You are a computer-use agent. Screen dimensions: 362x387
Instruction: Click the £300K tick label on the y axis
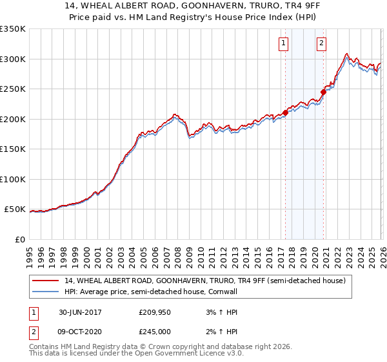click(13, 59)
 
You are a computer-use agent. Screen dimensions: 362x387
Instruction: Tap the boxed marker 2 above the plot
click(321, 43)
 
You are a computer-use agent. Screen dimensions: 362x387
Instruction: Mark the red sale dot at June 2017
click(285, 113)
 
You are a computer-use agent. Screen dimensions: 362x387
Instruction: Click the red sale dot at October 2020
click(323, 92)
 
